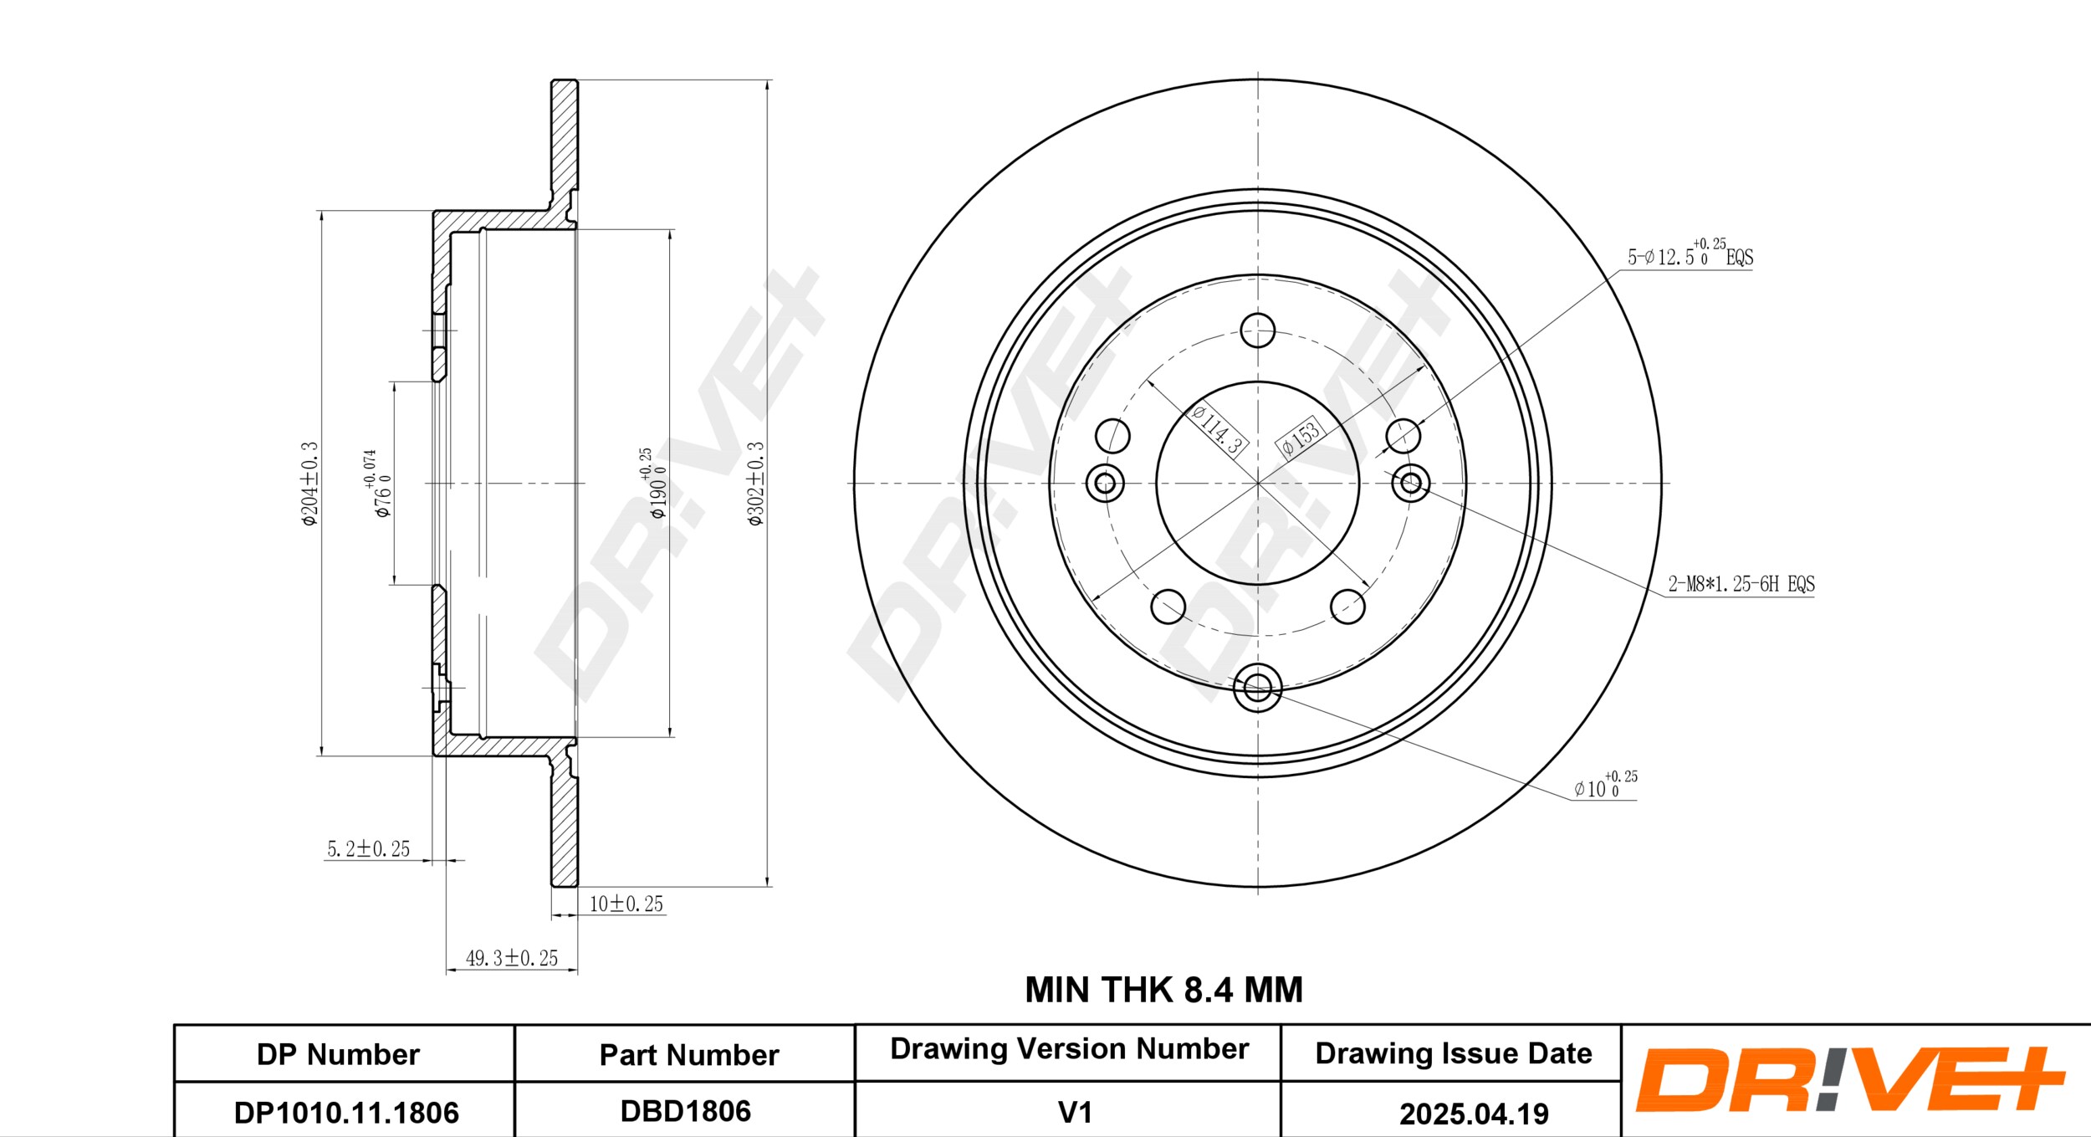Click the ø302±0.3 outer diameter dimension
click(755, 484)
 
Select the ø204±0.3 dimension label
click(309, 484)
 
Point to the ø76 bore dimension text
click(377, 484)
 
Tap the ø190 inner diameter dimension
click(653, 483)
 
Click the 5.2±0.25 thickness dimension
click(368, 848)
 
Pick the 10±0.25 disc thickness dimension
click(626, 904)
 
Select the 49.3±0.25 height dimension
click(511, 958)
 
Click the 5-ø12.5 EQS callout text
click(1690, 253)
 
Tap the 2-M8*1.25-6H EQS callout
click(1741, 584)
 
